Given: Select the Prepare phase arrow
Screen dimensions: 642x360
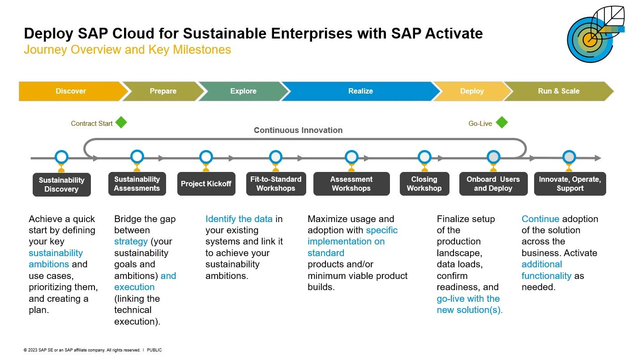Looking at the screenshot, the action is tap(163, 91).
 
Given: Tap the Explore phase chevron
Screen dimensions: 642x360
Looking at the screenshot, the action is tap(244, 91).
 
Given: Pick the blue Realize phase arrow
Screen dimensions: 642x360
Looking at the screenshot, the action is tap(360, 91).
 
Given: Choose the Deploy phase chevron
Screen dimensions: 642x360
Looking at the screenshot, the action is tap(472, 91).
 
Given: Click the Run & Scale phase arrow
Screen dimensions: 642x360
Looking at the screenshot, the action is tap(559, 91).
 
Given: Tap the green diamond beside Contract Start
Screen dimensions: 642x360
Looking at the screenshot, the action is tap(121, 122).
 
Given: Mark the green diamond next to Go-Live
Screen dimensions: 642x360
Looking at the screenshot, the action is tap(502, 122).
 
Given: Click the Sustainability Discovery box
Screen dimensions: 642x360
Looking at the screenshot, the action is tap(62, 184).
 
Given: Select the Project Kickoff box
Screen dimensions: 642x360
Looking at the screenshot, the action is tap(206, 184).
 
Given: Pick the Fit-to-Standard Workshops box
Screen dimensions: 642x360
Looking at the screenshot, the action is tap(276, 184).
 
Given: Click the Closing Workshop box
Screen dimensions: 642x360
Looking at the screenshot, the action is tap(424, 184).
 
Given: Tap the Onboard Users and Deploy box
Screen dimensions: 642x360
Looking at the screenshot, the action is tap(493, 184).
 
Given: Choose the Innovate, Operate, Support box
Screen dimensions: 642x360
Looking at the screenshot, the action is tap(570, 184).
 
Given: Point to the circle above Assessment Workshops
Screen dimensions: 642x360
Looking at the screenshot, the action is tap(351, 157).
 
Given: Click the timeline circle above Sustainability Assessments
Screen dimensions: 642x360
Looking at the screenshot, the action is tap(137, 157).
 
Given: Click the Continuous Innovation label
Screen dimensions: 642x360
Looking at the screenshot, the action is tap(298, 130).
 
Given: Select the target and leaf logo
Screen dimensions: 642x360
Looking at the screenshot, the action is tap(595, 34).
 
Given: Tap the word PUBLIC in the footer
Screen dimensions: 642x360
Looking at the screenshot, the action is tap(154, 350).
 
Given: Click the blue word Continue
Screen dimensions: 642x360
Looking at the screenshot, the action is tap(540, 219).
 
